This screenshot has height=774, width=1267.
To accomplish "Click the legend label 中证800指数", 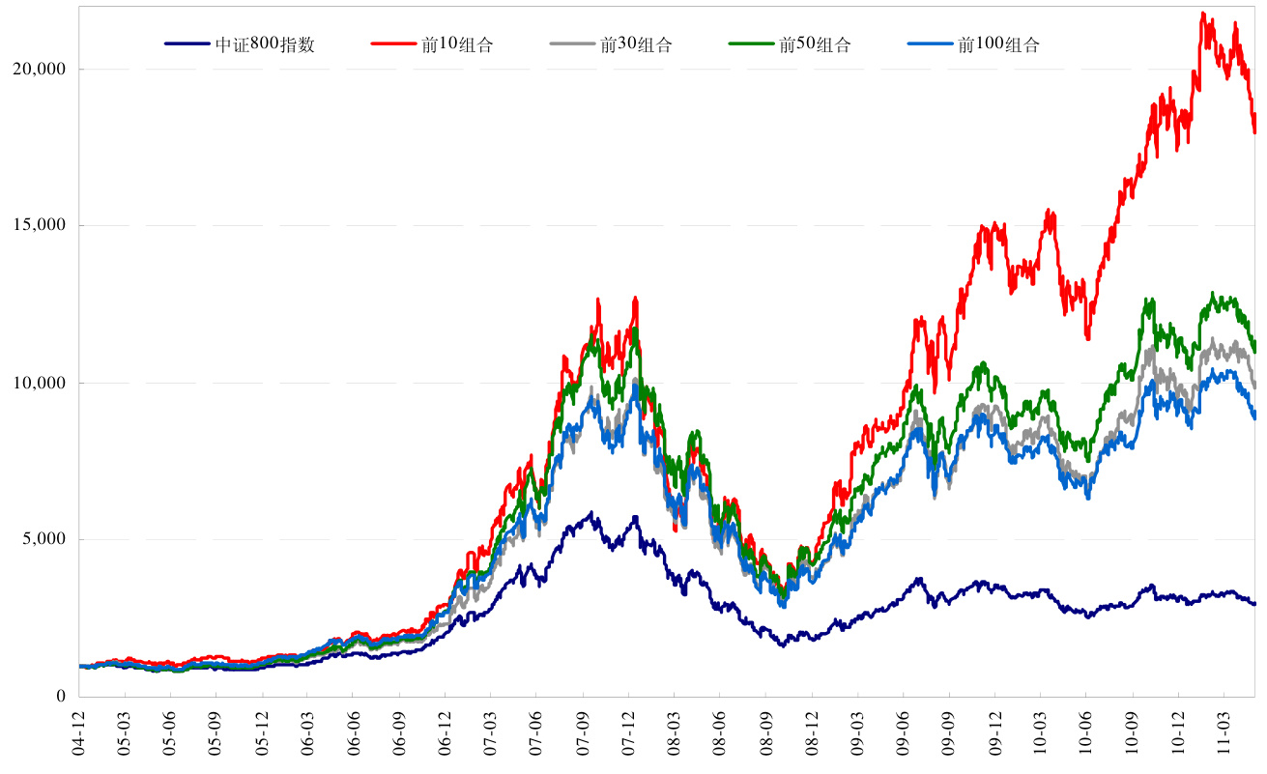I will pyautogui.click(x=265, y=44).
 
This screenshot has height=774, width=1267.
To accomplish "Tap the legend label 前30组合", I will pyautogui.click(x=636, y=44).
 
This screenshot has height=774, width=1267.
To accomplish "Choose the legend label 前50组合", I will pyautogui.click(x=815, y=44).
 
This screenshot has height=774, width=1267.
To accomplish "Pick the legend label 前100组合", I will pyautogui.click(x=998, y=44).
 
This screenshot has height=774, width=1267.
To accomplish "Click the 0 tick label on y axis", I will pyautogui.click(x=61, y=697).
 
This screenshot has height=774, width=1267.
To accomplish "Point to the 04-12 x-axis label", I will pyautogui.click(x=80, y=734).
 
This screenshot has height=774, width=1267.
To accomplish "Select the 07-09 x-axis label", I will pyautogui.click(x=584, y=734).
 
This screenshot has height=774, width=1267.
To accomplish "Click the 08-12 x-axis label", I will pyautogui.click(x=813, y=734).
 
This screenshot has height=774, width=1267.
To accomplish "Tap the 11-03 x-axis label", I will pyautogui.click(x=1224, y=734).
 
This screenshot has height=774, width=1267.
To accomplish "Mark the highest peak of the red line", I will pyautogui.click(x=1203, y=13).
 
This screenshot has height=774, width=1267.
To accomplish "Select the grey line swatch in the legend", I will pyautogui.click(x=573, y=44).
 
